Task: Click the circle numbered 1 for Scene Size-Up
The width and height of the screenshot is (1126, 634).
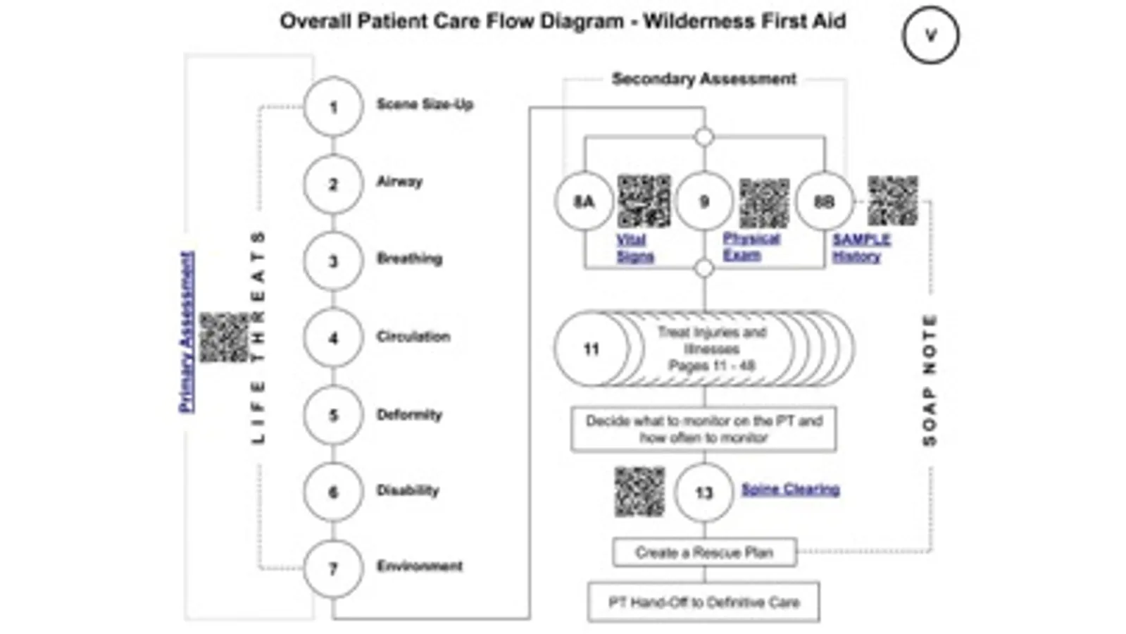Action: click(x=333, y=107)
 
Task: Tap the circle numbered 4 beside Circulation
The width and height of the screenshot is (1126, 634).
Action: click(x=333, y=338)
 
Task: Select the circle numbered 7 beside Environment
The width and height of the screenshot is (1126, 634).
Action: click(x=333, y=568)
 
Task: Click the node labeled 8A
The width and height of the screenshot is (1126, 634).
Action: click(x=584, y=202)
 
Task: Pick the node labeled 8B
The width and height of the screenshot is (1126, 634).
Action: click(x=824, y=202)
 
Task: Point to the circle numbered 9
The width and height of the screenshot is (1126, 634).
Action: click(x=703, y=202)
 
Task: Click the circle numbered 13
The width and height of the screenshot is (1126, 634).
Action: click(x=703, y=492)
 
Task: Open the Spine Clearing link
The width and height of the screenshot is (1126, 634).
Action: click(x=790, y=489)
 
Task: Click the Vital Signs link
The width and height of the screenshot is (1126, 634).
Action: click(x=634, y=248)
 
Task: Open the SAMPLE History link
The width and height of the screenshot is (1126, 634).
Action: click(x=861, y=248)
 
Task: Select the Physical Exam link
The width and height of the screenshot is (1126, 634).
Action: click(x=751, y=247)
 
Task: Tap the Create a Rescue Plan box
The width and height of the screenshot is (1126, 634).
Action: click(x=704, y=552)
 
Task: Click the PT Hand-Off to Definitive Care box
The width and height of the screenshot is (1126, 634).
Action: click(x=703, y=602)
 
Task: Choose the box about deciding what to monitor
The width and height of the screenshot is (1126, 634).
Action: click(x=703, y=429)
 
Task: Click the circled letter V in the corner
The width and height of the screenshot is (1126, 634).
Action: click(x=930, y=35)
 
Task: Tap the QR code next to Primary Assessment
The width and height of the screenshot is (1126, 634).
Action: click(x=225, y=338)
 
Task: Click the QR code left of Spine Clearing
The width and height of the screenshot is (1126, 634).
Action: click(x=639, y=491)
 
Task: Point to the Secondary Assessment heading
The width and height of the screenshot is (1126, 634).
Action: click(x=703, y=79)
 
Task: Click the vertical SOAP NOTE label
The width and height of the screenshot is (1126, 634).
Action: click(x=930, y=380)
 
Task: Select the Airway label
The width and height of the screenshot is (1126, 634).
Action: click(x=399, y=182)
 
